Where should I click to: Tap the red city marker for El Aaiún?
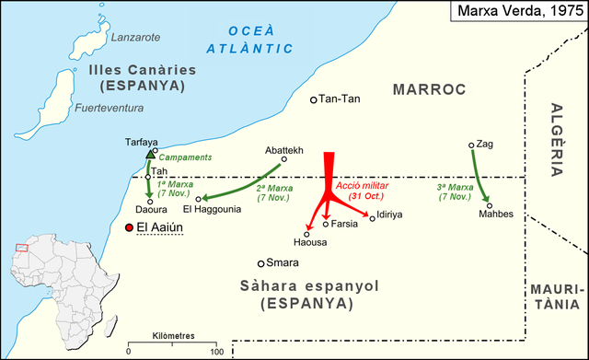tap(129, 226)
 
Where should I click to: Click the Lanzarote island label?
tap(135, 38)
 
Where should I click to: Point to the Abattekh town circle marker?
tap(284, 158)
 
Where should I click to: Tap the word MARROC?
tap(430, 88)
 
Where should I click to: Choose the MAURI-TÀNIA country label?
tap(555, 296)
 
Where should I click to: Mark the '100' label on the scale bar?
tap(216, 352)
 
